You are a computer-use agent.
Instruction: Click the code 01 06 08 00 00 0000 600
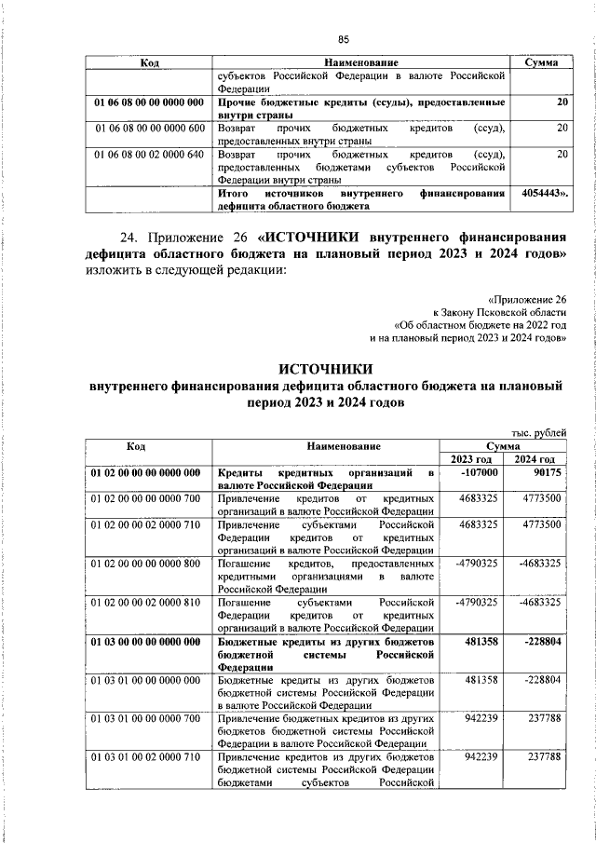(x=148, y=128)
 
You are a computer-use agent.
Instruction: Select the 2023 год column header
(x=470, y=459)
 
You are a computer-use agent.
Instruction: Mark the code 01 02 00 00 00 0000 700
(x=147, y=499)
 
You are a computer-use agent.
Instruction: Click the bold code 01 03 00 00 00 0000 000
(x=147, y=642)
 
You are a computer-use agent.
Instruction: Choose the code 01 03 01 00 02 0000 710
(x=147, y=757)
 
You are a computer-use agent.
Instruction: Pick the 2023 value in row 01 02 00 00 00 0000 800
(x=476, y=564)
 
